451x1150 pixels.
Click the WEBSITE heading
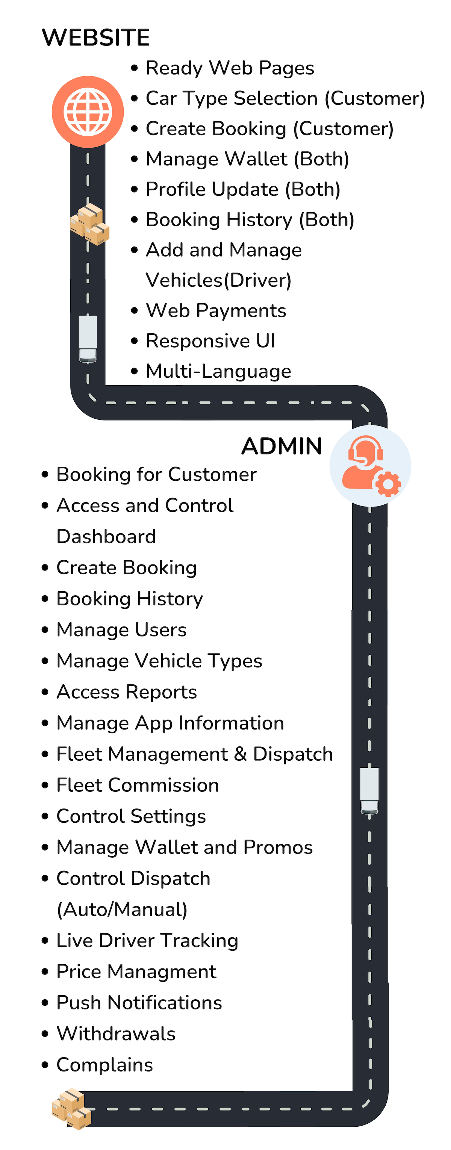pyautogui.click(x=95, y=38)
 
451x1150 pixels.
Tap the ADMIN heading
pyautogui.click(x=281, y=446)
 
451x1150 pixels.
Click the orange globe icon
pyautogui.click(x=88, y=112)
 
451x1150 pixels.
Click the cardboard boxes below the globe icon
pyautogui.click(x=90, y=224)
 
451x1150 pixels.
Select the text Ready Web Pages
pyautogui.click(x=230, y=68)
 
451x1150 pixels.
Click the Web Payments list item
pyautogui.click(x=216, y=311)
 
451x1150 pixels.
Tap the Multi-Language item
pyautogui.click(x=218, y=371)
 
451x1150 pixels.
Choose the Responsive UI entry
pyautogui.click(x=210, y=341)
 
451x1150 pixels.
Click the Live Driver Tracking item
pyautogui.click(x=147, y=941)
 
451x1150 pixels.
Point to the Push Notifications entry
pyautogui.click(x=139, y=1003)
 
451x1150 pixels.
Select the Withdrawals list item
pyautogui.click(x=116, y=1034)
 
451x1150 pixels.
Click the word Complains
pyautogui.click(x=104, y=1065)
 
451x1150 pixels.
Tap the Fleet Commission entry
pyautogui.click(x=138, y=785)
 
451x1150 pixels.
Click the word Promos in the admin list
pyautogui.click(x=278, y=847)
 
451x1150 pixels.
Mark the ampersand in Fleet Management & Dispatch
pyautogui.click(x=240, y=754)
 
